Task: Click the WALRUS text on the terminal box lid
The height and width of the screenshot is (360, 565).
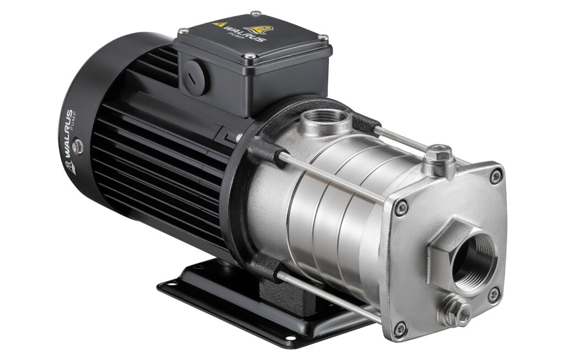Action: (244, 33)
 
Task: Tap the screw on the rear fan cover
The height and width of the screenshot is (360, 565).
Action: (77, 146)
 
